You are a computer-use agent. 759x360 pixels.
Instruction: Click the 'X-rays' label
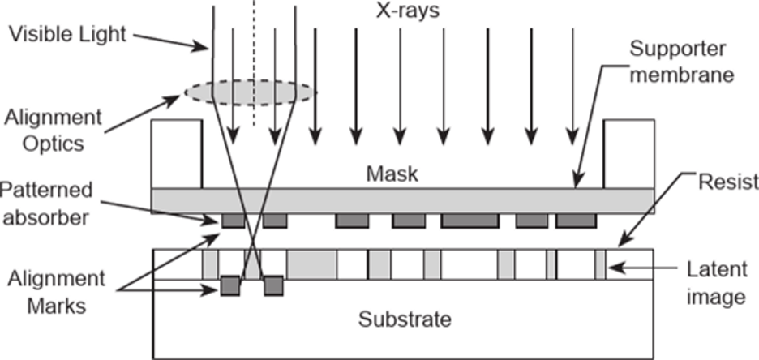[x=408, y=11]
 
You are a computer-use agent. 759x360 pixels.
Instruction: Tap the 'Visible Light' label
[x=68, y=34]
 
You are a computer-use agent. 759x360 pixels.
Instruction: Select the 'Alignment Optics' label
[x=54, y=131]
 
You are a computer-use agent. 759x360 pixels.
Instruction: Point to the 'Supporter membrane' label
[x=682, y=62]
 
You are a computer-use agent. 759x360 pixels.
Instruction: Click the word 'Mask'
[x=392, y=174]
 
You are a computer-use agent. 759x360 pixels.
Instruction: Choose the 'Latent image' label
[x=717, y=284]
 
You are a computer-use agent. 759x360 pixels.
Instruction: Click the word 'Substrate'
[x=405, y=319]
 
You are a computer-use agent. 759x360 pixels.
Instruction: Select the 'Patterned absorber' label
[x=46, y=204]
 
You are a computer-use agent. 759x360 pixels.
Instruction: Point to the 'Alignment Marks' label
[x=56, y=292]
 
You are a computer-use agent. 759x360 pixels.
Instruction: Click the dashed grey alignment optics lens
[x=251, y=92]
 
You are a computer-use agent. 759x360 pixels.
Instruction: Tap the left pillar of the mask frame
[x=177, y=154]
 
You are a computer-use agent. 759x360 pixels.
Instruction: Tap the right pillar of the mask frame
[x=628, y=154]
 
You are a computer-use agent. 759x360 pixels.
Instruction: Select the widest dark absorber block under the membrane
[x=470, y=221]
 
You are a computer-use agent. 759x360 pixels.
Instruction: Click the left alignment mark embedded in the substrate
[x=230, y=286]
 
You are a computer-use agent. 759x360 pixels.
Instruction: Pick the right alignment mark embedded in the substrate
[x=273, y=286]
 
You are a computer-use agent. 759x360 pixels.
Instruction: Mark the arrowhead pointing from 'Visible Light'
[x=203, y=47]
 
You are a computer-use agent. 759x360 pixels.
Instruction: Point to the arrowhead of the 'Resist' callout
[x=624, y=241]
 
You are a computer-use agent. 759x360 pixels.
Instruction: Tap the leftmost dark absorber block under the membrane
[x=234, y=221]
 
